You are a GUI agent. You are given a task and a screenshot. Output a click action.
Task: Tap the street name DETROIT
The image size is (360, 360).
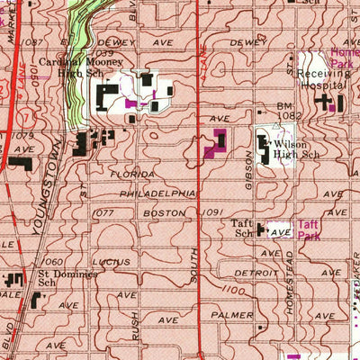click(x=255, y=272)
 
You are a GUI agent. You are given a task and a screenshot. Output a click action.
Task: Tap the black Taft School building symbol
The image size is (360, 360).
click(x=262, y=230)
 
